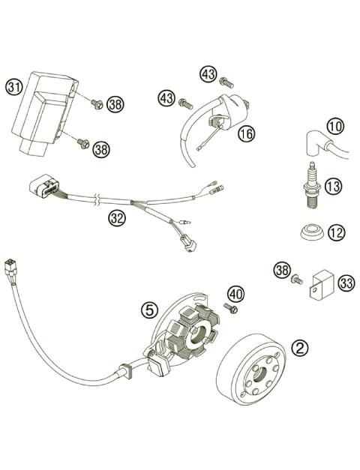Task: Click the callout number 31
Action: [x=14, y=87]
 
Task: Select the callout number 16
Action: [x=245, y=133]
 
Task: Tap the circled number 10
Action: [x=334, y=127]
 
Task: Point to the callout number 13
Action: [x=334, y=186]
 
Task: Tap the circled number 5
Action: [x=151, y=308]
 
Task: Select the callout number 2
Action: [x=300, y=347]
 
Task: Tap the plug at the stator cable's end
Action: [x=11, y=268]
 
